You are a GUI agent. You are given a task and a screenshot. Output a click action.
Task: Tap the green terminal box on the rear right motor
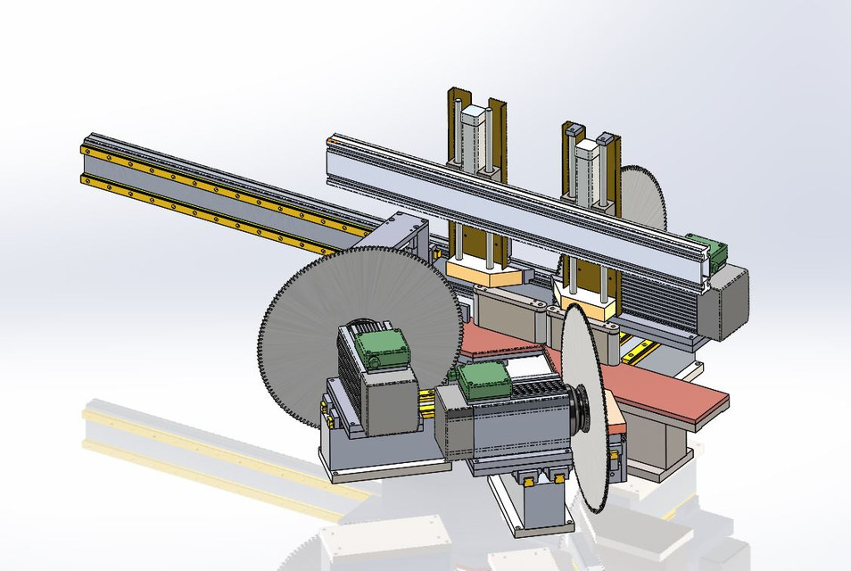[x=708, y=250]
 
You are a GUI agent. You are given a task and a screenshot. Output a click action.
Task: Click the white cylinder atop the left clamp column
[x=473, y=134]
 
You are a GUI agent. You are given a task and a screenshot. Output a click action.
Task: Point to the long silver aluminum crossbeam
[x=500, y=192]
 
